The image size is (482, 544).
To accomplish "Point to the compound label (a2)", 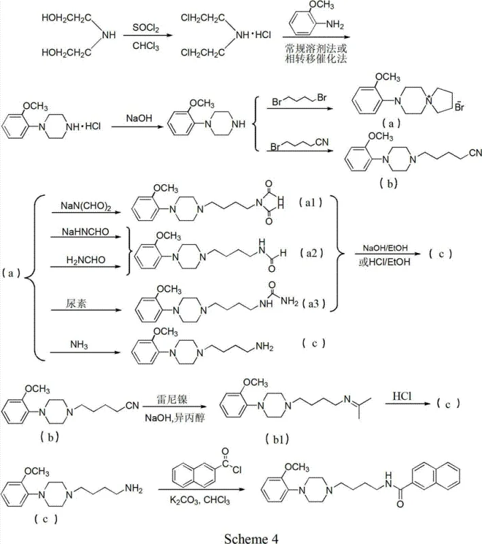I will click(x=314, y=253).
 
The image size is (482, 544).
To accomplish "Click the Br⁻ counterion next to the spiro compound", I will click(x=460, y=107).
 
